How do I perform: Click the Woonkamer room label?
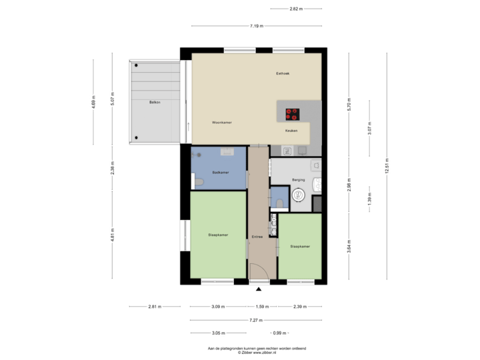pyautogui.click(x=221, y=123)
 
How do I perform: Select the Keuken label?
pyautogui.click(x=291, y=131)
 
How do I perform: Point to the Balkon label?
pyautogui.click(x=155, y=102)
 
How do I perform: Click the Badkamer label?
pyautogui.click(x=221, y=173)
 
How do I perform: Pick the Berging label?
pyautogui.click(x=298, y=179)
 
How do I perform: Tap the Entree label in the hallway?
pyautogui.click(x=257, y=237)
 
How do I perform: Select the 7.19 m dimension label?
pyautogui.click(x=257, y=26)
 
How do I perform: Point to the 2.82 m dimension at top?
pyautogui.click(x=296, y=9)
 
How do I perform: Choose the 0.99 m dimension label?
pyautogui.click(x=279, y=333)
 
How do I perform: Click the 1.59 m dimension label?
pyautogui.click(x=263, y=307)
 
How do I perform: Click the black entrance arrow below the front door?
pyautogui.click(x=259, y=289)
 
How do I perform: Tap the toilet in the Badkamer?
pyautogui.click(x=198, y=181)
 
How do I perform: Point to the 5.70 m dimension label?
pyautogui.click(x=349, y=105)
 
